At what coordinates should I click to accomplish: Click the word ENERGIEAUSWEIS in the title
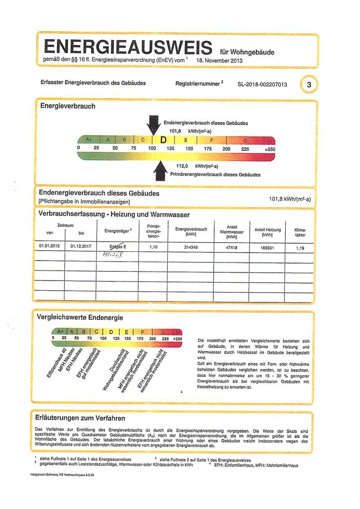[127, 47]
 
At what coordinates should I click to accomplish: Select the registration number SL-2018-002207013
[262, 84]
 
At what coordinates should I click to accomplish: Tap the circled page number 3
[308, 84]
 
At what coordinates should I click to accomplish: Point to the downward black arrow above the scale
[153, 125]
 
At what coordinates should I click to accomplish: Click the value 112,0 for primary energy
[182, 166]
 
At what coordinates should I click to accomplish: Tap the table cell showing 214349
[191, 247]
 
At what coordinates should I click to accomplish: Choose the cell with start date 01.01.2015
[49, 247]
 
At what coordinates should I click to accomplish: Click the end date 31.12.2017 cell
[81, 247]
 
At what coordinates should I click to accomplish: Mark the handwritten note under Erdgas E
[112, 254]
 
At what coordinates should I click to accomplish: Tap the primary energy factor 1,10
[154, 247]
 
